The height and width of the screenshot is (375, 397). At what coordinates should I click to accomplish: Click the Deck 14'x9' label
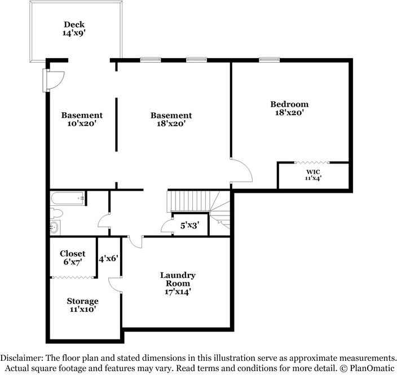[74, 29]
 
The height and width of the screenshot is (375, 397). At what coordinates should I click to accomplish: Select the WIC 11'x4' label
[313, 175]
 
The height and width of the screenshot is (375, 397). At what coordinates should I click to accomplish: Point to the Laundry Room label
[178, 284]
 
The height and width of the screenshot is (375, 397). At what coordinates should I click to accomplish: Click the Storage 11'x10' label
[82, 305]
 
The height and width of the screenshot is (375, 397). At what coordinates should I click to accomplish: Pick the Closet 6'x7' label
[73, 258]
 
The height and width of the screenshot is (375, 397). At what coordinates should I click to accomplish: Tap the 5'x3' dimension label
[190, 225]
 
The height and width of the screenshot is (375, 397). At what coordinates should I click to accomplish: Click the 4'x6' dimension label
[108, 259]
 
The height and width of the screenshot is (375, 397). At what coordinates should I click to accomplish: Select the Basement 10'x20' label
[82, 120]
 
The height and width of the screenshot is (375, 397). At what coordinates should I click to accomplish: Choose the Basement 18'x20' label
[171, 120]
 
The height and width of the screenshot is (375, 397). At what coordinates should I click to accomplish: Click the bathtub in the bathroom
[68, 198]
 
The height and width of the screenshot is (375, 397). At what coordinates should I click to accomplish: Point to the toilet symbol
[56, 213]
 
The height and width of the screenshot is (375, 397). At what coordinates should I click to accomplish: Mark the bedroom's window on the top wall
[269, 59]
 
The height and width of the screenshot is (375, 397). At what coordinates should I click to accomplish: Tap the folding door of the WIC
[314, 164]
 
